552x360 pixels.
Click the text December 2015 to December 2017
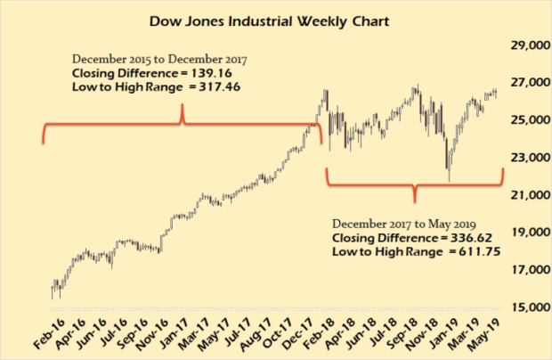pos(159,59)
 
